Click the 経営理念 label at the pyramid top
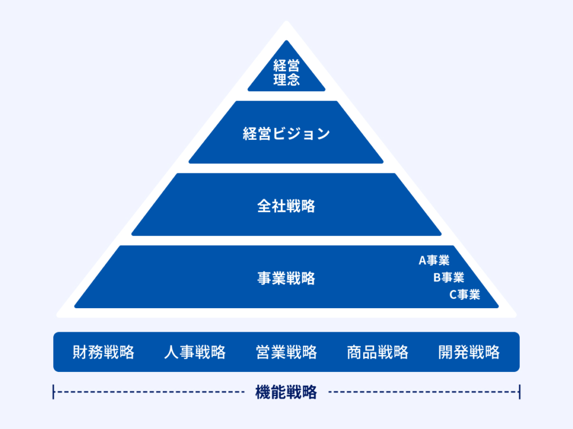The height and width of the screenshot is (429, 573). [286, 73]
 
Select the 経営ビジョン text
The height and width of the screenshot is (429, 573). [286, 134]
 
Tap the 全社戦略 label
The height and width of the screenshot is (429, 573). [286, 206]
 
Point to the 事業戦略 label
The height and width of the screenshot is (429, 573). [286, 279]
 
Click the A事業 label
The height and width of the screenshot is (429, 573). [434, 261]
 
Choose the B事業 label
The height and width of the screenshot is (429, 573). [449, 278]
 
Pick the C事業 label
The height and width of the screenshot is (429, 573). [464, 295]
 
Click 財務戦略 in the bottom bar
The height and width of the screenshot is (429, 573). [104, 352]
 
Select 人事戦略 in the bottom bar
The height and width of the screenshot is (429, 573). [195, 352]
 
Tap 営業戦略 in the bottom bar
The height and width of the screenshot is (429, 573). [286, 352]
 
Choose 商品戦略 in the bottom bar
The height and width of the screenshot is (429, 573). [378, 352]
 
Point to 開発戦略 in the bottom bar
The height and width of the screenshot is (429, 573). [469, 352]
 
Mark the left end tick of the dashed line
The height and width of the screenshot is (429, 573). [53, 392]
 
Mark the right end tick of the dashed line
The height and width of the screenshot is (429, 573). [519, 392]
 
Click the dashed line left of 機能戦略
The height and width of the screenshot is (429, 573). [149, 392]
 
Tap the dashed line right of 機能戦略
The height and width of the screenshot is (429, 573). [424, 392]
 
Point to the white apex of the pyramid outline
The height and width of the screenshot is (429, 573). [286, 22]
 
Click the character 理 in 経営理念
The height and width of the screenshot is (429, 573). [280, 80]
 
